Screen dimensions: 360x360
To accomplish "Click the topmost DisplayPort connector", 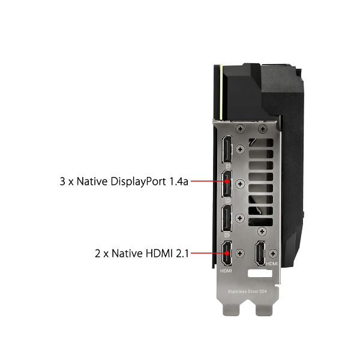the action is (227, 149).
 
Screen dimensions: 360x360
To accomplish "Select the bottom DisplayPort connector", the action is (227, 218).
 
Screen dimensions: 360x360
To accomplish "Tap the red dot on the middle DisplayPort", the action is (227, 181).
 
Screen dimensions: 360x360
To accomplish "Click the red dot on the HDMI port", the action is (227, 253).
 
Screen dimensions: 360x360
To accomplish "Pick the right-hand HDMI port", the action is (260, 253).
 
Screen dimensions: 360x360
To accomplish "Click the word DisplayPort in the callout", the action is (138, 182).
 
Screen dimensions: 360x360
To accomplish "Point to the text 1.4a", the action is (179, 181).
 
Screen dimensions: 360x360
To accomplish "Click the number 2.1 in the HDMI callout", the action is (182, 253).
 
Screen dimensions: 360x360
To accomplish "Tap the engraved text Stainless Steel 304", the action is (247, 292).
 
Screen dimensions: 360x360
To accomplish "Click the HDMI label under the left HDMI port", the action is (226, 271).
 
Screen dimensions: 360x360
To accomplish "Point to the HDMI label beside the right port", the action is (272, 264).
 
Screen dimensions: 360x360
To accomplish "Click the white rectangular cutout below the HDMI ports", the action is (260, 274).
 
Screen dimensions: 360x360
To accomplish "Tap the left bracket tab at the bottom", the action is (231, 309).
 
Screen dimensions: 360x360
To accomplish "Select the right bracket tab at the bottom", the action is (264, 309).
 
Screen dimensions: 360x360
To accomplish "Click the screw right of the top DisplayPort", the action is (240, 149).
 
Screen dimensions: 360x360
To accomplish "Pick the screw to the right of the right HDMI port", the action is (273, 253).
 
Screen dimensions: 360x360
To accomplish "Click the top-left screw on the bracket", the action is (241, 129).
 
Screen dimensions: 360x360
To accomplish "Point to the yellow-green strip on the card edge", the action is (221, 92).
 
